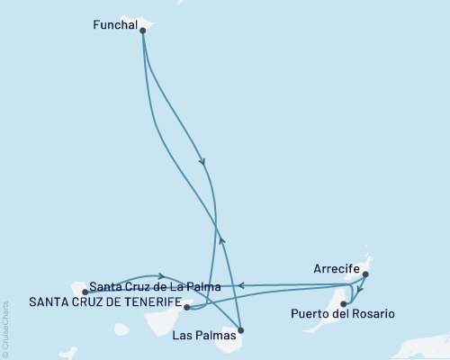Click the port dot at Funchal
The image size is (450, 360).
tap(143, 30)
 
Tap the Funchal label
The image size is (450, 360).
tap(115, 27)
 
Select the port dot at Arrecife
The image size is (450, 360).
tap(365, 276)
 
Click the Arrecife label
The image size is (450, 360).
tap(337, 269)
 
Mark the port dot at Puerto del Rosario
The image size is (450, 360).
tap(343, 305)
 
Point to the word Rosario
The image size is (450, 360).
tap(371, 314)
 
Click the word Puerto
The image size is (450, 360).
tap(311, 314)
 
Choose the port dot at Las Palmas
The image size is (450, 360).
tap(240, 331)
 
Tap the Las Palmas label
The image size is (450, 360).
tap(206, 335)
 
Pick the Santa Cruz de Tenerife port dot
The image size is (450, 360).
tap(186, 307)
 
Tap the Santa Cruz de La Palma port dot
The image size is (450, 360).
tap(85, 292)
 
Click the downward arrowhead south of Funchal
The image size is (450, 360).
tap(202, 163)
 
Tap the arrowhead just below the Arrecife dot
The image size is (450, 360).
tap(359, 291)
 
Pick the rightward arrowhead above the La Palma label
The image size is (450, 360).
tap(160, 276)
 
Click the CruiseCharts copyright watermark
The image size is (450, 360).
tap(6, 328)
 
